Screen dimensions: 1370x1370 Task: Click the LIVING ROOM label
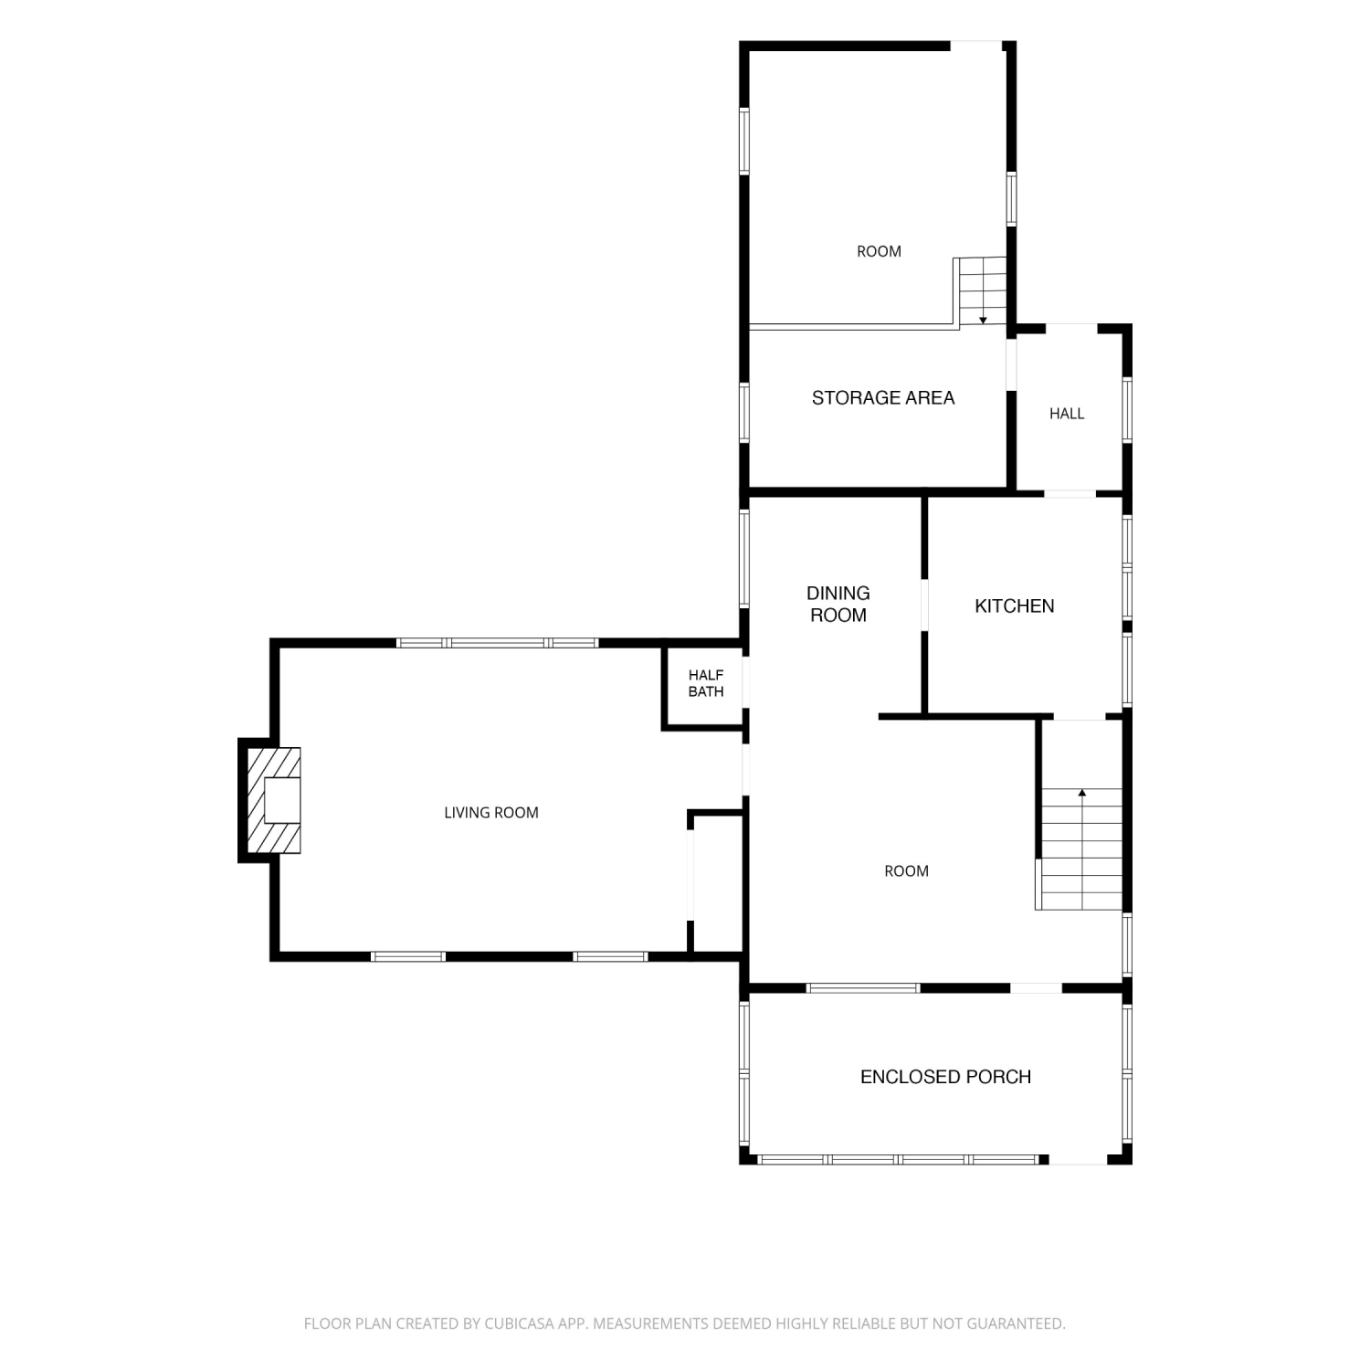[x=491, y=813]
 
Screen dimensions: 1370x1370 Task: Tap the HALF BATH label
[x=706, y=683]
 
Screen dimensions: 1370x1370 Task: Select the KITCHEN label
[x=1015, y=606]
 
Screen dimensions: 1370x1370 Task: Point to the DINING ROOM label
[x=838, y=605]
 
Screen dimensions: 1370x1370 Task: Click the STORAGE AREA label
[x=883, y=398]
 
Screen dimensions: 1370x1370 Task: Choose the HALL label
[x=1067, y=414]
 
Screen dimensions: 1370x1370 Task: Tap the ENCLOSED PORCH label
[x=946, y=1077]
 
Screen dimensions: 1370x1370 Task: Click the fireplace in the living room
[x=274, y=800]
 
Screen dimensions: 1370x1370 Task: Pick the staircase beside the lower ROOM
[x=1080, y=848]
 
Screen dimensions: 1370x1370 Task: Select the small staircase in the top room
[x=981, y=291]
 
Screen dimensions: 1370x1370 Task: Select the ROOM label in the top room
[x=879, y=252]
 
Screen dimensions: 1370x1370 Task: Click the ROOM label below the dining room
[x=906, y=871]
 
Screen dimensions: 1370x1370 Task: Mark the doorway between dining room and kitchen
[x=924, y=605]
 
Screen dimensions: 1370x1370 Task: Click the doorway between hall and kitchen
[x=1070, y=494]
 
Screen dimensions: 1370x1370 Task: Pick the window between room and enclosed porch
[x=863, y=987]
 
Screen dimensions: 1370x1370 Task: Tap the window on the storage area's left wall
[x=744, y=413]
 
